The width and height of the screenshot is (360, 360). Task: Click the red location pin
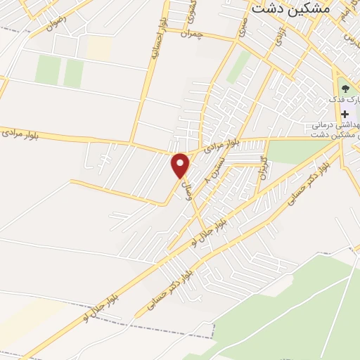(181, 165)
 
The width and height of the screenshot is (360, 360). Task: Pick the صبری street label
(242, 26)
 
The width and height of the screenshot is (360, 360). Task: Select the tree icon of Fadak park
(345, 88)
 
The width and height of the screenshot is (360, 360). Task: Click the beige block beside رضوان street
(99, 47)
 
